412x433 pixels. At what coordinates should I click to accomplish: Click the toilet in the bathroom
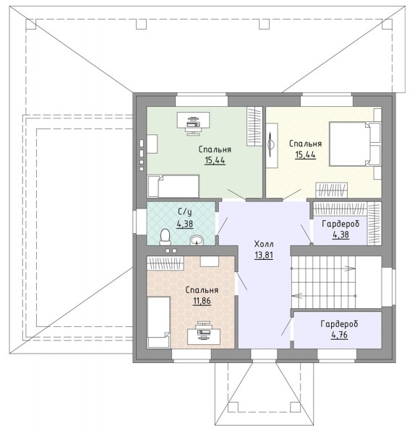coord(166,237)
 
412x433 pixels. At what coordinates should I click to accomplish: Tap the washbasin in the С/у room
coord(197,240)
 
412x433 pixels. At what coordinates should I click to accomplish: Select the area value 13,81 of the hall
coord(264,255)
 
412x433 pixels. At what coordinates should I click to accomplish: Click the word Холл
coord(264,244)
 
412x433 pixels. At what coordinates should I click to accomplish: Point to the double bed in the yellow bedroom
coord(355,144)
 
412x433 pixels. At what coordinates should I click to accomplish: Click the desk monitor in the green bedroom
coord(193,121)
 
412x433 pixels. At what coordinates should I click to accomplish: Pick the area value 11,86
coord(202,301)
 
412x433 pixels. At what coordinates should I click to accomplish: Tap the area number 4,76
coord(339,335)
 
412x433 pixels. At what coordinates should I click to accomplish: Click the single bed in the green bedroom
coord(173,186)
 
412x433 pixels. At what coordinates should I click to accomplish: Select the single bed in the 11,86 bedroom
coord(158,322)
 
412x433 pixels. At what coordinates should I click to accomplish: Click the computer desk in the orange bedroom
coord(204,336)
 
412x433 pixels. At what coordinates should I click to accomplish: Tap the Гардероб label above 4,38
coord(340,224)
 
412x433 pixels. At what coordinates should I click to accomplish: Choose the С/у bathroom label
coord(185,212)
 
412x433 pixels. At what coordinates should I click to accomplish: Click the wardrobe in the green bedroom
coord(254,126)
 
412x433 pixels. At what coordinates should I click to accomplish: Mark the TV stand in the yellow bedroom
coord(272,145)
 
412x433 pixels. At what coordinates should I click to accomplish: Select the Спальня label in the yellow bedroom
coord(306,144)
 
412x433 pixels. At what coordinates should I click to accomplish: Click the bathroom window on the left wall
coord(137,222)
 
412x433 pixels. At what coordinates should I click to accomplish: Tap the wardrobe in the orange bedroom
coord(165,263)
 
